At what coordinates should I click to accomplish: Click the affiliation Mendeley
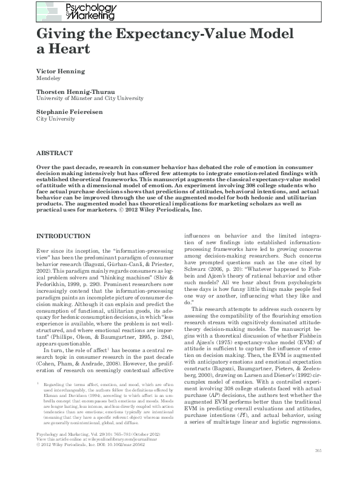(51, 78)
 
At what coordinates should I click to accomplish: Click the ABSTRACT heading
(55, 154)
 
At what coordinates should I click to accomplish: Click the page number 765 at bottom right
(318, 467)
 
